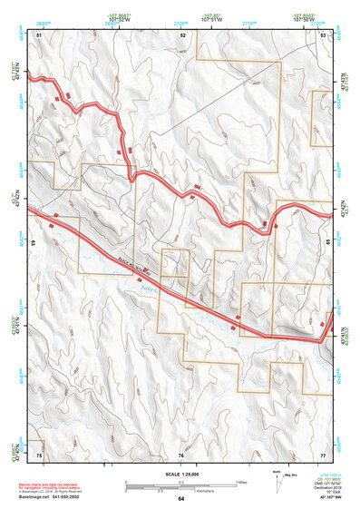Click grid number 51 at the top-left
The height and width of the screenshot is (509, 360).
(39, 34)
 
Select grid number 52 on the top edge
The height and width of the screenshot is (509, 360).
(182, 34)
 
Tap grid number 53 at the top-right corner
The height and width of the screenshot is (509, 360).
(324, 34)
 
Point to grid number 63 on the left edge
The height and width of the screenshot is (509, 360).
(34, 243)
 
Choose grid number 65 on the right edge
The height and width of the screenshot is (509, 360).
(328, 243)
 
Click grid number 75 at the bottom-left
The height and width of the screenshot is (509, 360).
(39, 453)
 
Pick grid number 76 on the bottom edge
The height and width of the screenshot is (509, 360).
(180, 453)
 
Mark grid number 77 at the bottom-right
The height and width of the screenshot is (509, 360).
(322, 453)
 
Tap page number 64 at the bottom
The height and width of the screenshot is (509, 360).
(180, 499)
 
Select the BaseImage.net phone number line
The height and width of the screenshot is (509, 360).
(63, 497)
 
